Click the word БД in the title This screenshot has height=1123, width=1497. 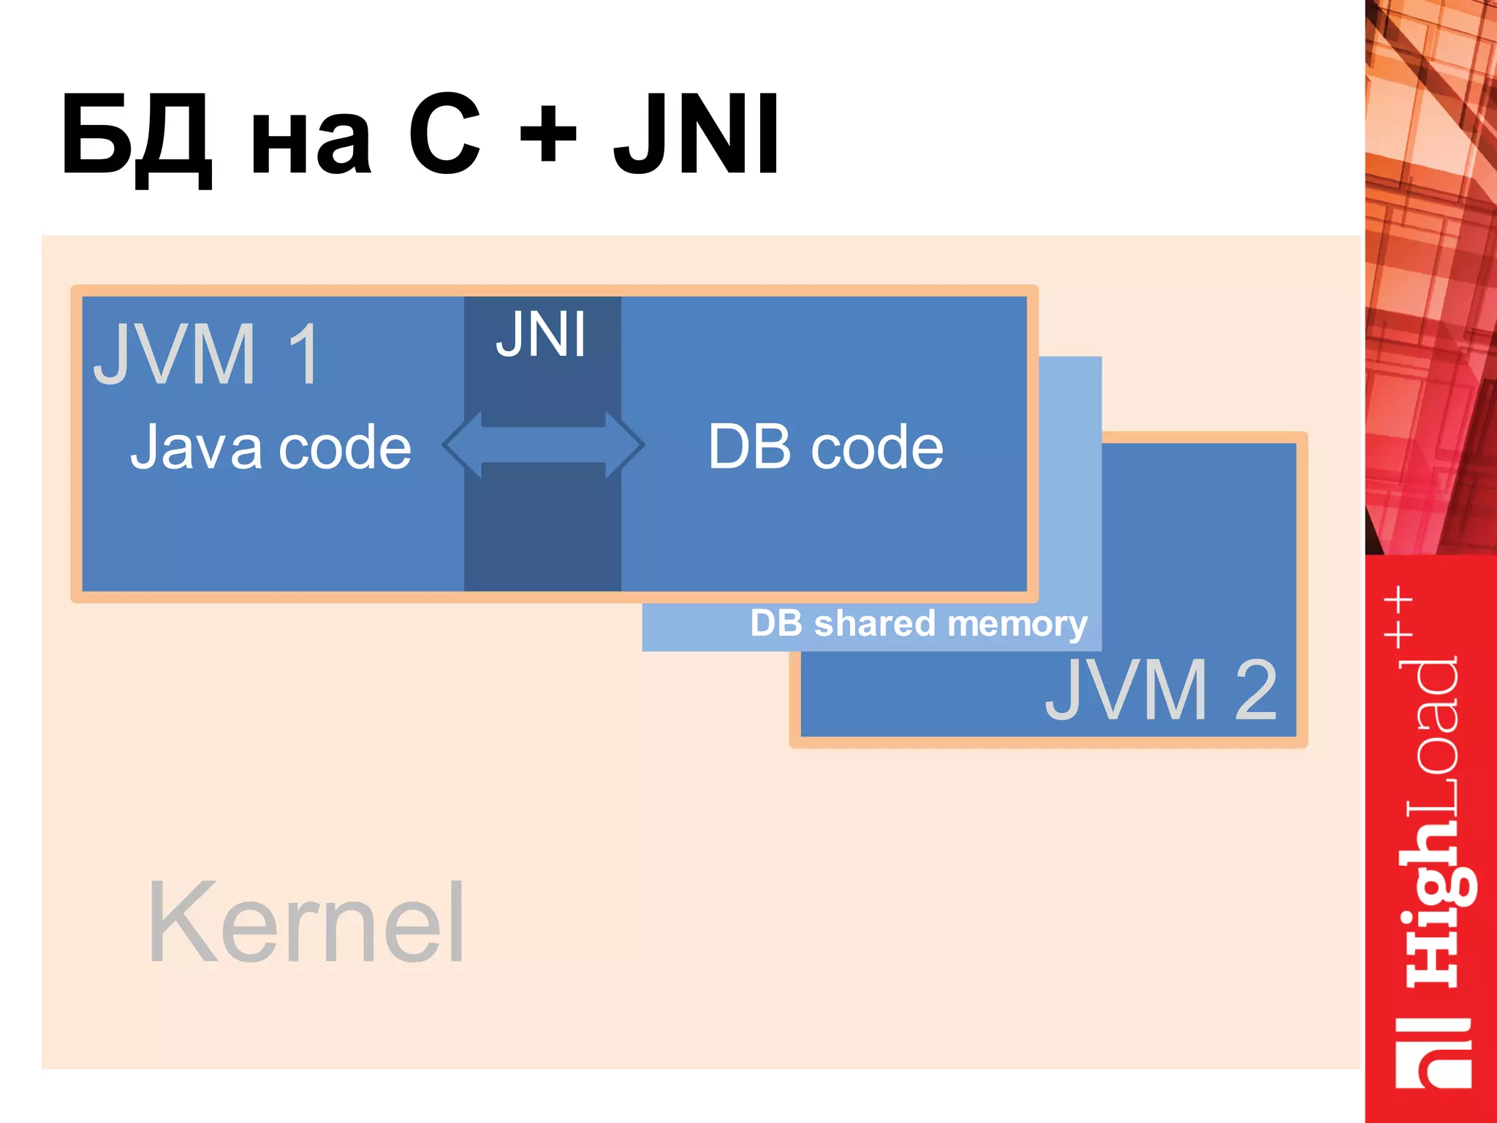coord(137,137)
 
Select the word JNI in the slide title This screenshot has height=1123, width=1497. coord(697,135)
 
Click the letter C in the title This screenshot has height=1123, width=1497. coord(444,135)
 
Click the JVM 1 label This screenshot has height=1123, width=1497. coord(208,354)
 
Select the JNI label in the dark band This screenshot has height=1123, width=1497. coord(541,335)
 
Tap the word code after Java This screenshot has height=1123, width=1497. coord(345,448)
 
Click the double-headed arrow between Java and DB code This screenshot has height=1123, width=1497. coord(543,445)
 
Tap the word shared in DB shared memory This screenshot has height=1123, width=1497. coord(874,624)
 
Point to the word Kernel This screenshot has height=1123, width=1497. coord(306,922)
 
